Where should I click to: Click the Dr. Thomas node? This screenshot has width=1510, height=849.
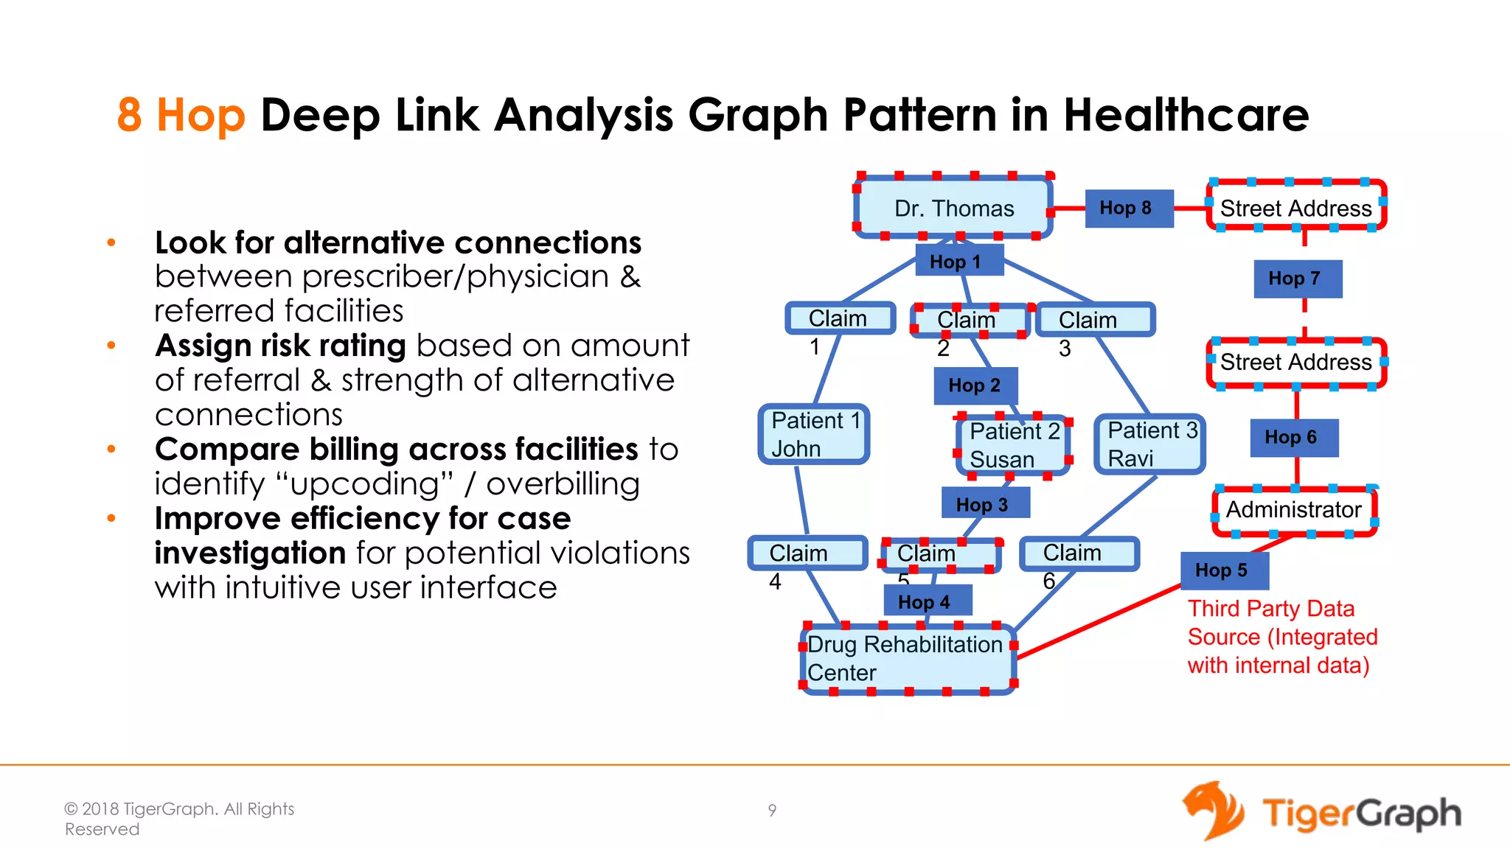tap(953, 208)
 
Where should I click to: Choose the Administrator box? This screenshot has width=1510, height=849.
tap(1294, 510)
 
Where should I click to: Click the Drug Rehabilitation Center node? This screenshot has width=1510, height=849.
tap(908, 659)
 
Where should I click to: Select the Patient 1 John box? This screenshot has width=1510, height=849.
tap(814, 435)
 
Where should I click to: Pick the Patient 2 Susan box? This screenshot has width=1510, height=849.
tap(1013, 445)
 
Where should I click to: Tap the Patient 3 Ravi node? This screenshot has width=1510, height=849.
tap(1150, 444)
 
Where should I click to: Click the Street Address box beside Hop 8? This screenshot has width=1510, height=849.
tap(1296, 208)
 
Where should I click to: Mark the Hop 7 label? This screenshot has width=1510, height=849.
tap(1297, 279)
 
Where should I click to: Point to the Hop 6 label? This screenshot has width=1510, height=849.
tap(1293, 438)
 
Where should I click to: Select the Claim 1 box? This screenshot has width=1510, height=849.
tap(840, 318)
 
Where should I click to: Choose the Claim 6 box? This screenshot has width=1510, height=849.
tap(1079, 553)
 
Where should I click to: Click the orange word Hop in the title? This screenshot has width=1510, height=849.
tap(201, 116)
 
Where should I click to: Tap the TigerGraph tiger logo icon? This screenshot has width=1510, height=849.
tap(1213, 811)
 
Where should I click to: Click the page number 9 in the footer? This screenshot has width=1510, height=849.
tap(772, 811)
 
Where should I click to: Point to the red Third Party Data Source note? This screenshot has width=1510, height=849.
tap(1281, 637)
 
